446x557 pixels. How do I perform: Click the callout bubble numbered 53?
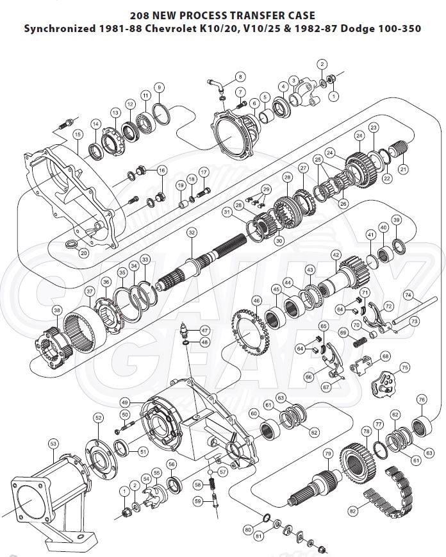tap(53, 443)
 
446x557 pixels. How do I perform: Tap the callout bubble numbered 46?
tap(256, 300)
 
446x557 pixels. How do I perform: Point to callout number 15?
tap(78, 134)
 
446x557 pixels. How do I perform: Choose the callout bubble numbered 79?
tap(327, 454)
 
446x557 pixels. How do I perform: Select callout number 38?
tap(57, 310)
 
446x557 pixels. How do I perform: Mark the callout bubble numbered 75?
tap(404, 367)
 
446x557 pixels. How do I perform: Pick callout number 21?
tap(403, 169)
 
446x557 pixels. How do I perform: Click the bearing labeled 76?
tap(422, 426)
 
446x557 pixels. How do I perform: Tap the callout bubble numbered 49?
tap(125, 402)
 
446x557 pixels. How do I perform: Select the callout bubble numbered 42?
tap(335, 254)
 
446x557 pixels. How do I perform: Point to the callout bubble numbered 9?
tap(159, 87)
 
